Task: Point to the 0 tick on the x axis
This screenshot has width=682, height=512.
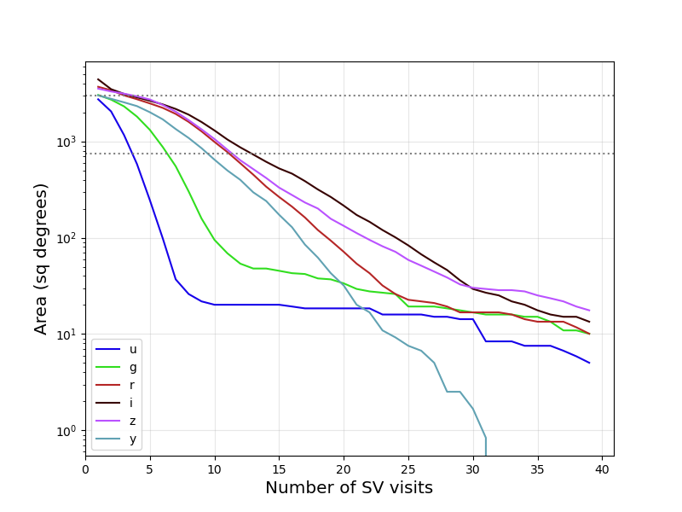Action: click(85, 468)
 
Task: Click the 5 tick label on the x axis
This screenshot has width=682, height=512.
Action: click(150, 468)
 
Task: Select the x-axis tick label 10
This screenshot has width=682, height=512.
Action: click(215, 468)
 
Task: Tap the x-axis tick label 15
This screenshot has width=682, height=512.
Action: click(279, 468)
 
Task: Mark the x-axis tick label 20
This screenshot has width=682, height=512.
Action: click(344, 468)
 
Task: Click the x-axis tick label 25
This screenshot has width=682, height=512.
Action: click(408, 468)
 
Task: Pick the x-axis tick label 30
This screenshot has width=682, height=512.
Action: click(473, 468)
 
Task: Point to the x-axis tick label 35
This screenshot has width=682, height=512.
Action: click(537, 468)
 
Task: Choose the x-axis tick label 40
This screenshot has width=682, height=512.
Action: click(602, 468)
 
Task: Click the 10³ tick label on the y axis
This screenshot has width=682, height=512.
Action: click(68, 142)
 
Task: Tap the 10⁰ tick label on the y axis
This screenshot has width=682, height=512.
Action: click(68, 431)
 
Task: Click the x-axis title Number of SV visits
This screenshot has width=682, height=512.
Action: click(349, 488)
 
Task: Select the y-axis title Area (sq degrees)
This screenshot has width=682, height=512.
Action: click(41, 259)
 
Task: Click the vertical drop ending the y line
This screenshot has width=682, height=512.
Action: click(486, 447)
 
